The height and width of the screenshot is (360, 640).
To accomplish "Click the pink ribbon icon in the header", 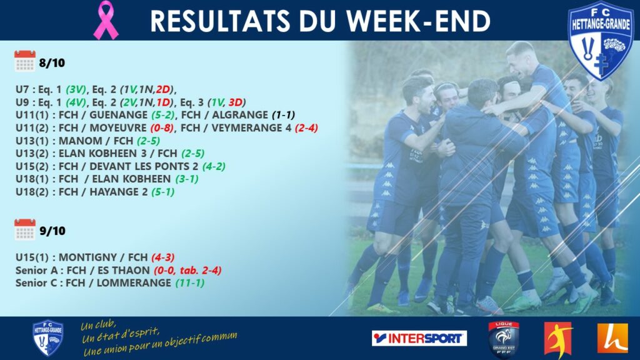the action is coord(106,20).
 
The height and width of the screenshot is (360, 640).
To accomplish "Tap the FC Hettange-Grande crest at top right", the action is coord(600,40).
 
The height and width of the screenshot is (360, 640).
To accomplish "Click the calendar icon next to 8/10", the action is coord(25,61).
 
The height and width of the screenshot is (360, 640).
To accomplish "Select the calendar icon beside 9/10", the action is coord(25,229).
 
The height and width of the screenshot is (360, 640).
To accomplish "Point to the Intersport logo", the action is coord(419,338).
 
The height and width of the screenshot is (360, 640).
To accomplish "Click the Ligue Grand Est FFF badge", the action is coord(504,339).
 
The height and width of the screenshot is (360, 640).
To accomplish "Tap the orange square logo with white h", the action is coord(612,338).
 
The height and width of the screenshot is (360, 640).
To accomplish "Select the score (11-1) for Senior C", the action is coord(190,283).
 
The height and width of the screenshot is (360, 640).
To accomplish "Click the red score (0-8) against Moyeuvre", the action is coord(162,128).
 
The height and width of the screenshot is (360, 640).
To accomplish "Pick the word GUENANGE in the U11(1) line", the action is coord(118,115).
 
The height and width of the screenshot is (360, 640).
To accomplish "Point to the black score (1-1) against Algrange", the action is coord(283,115).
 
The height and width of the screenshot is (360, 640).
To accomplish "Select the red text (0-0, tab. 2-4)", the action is coord(187,270).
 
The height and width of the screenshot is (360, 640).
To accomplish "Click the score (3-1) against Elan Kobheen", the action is coord(187,179).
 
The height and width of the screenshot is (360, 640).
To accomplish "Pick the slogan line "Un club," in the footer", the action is coord(98,325).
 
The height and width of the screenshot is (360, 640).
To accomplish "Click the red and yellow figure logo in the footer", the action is coord(558,339).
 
